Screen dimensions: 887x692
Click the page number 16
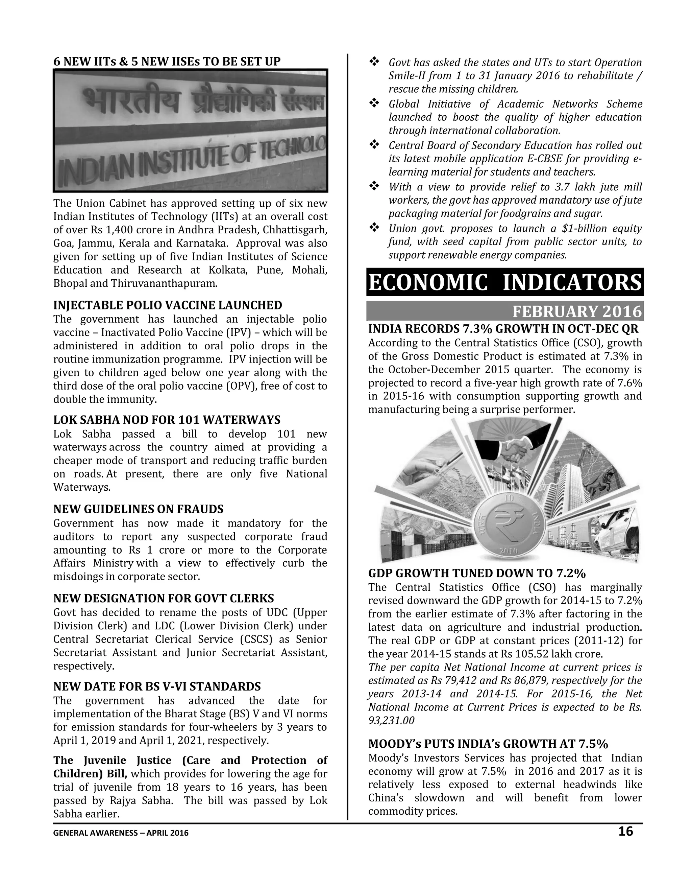(x=625, y=831)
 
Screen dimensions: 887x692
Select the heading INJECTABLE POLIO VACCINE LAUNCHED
(x=168, y=305)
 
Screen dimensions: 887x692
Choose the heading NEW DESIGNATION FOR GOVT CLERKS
(x=164, y=598)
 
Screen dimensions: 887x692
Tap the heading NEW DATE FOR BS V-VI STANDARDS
(x=157, y=686)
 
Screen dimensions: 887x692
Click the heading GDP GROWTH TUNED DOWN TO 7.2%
(x=477, y=573)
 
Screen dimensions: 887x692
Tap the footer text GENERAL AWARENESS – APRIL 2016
(x=121, y=833)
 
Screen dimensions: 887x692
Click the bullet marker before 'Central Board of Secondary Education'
(x=374, y=145)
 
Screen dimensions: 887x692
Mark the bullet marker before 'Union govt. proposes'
(x=374, y=228)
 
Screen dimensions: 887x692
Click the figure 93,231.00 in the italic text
(x=391, y=721)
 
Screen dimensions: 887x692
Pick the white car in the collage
(x=617, y=532)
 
